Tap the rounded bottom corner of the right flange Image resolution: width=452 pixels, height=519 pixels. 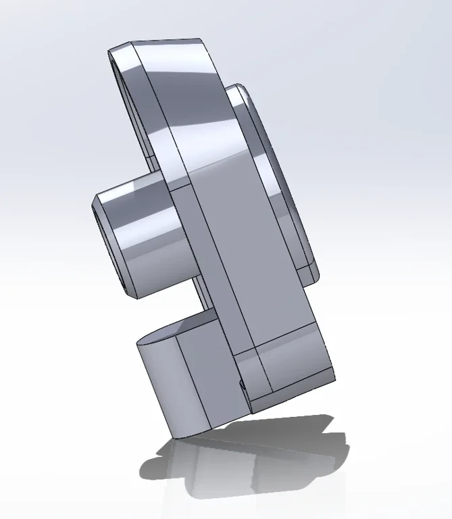point(312,274)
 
